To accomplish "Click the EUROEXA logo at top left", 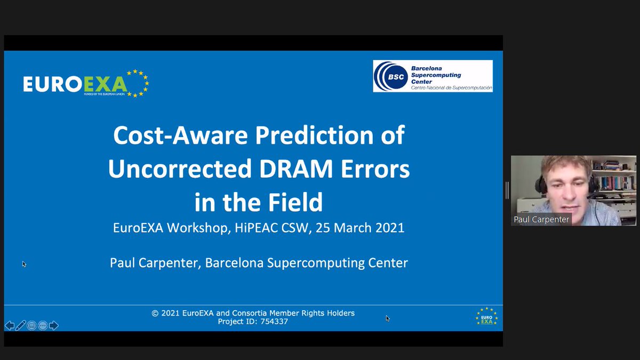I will tap(85, 83).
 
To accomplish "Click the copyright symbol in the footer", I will tap(155, 313).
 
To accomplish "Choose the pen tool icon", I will tap(21, 325).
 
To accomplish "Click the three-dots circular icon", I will tap(43, 325).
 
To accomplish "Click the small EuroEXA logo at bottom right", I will tap(486, 316).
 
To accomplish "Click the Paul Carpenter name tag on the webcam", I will tap(541, 220).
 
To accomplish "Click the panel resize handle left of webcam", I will tap(507, 190).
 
